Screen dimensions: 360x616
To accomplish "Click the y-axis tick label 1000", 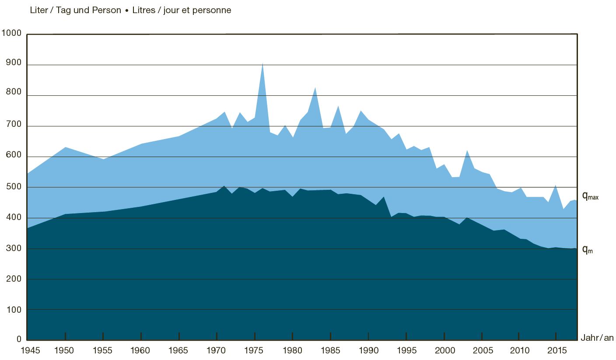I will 12,34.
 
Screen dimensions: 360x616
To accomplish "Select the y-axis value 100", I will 14,309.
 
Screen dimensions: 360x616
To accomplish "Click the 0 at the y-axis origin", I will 19,339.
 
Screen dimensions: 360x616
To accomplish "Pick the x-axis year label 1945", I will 27,350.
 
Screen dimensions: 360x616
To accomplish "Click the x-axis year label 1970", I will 217,350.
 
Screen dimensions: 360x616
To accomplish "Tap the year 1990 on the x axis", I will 368,350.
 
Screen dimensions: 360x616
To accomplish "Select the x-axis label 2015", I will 556,350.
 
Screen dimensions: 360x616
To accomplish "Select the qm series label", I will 587,250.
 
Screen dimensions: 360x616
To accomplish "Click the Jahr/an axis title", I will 597,338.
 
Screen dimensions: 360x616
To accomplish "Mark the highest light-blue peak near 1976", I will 262,64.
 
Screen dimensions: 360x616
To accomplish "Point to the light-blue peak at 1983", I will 315,88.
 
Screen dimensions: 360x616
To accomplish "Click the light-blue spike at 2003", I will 467,151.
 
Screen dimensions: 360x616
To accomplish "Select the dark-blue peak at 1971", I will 224,187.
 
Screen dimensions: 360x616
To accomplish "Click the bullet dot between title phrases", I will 127,10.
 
